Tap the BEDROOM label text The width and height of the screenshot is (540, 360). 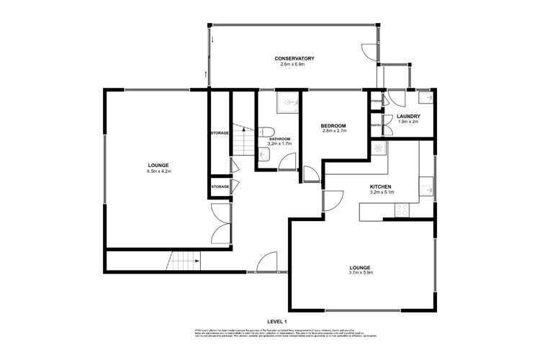coord(334,126)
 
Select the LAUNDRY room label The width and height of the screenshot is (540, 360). coord(408,116)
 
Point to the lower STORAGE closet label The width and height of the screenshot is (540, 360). coord(220,186)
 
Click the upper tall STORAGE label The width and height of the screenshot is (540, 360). coord(220,133)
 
